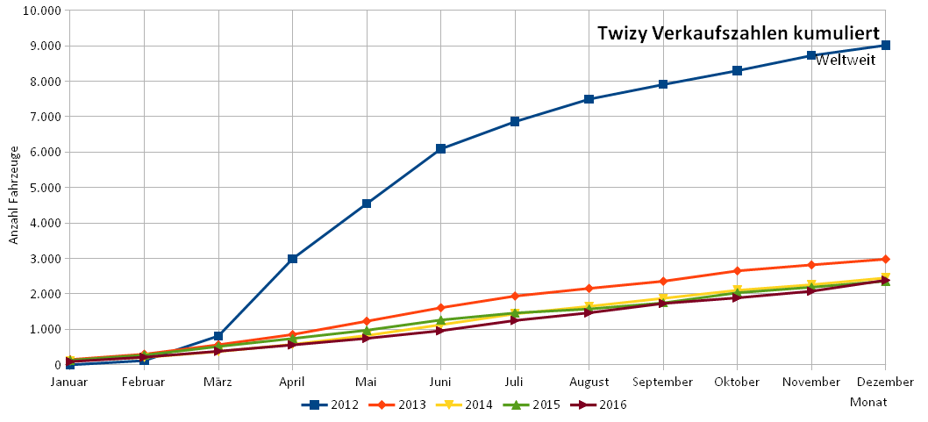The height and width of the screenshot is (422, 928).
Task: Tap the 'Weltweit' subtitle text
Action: click(x=846, y=61)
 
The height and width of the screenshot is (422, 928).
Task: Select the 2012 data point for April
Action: click(x=292, y=259)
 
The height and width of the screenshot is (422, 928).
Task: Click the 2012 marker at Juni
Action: click(x=440, y=149)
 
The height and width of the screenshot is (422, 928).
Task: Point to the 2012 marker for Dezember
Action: click(x=886, y=45)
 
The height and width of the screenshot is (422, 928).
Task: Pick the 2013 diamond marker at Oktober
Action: click(x=737, y=271)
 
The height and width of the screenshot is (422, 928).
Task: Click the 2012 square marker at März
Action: click(x=218, y=336)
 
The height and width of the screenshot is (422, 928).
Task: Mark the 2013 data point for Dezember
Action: click(x=886, y=259)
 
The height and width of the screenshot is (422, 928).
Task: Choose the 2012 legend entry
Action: click(x=332, y=404)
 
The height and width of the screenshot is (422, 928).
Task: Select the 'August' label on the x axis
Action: click(x=589, y=382)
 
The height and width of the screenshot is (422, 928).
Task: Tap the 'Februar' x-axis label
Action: click(x=144, y=382)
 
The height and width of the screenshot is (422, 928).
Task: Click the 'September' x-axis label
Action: click(x=663, y=382)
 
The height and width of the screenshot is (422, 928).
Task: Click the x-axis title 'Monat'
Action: click(x=868, y=402)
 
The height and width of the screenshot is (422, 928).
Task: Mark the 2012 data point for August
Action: click(x=589, y=99)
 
